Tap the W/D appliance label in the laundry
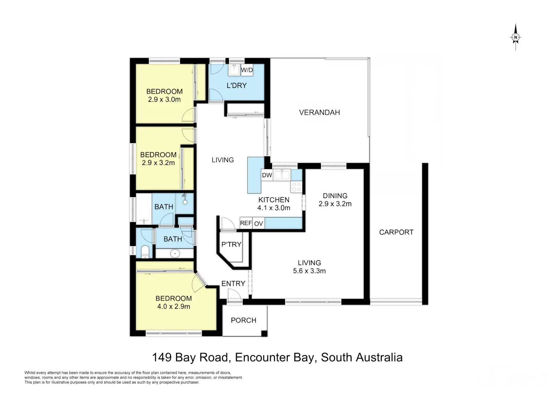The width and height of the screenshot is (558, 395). tap(247, 70)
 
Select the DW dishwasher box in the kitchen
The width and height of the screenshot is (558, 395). tap(267, 175)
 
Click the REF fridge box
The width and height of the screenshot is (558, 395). tap(246, 223)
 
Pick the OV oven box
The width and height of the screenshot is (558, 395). tap(259, 223)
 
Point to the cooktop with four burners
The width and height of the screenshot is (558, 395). tap(296, 187)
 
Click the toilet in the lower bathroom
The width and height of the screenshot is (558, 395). tap(145, 252)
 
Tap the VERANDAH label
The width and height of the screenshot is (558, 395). tap(319, 112)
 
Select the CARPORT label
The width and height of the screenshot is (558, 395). tap(396, 232)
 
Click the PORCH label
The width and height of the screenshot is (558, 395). tap(243, 320)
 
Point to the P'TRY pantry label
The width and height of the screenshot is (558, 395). tap(231, 244)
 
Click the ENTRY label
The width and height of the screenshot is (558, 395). tap(233, 284)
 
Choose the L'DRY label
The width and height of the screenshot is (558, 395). tap(236, 86)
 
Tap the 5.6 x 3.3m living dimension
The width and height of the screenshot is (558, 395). tap(309, 271)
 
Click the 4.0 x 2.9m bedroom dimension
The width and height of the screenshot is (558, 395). tap(173, 306)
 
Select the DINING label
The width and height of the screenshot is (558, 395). tap(335, 196)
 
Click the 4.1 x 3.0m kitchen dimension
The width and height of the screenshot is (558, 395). tap(273, 208)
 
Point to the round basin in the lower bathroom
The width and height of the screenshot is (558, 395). tap(175, 254)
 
